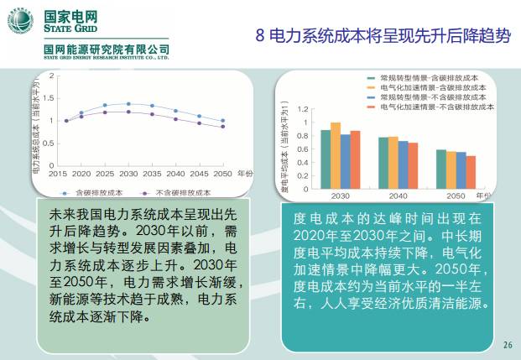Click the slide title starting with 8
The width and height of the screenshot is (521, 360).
[382, 35]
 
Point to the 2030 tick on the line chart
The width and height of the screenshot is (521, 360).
[128, 173]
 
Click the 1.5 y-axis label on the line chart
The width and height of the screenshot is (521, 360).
[51, 98]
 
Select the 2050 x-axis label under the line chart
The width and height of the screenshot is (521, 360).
[222, 173]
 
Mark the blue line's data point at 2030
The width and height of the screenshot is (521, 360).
[128, 104]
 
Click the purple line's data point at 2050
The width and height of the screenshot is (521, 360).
[222, 127]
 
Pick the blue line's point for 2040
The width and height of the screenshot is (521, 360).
[175, 110]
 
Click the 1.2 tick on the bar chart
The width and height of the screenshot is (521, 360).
[305, 108]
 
